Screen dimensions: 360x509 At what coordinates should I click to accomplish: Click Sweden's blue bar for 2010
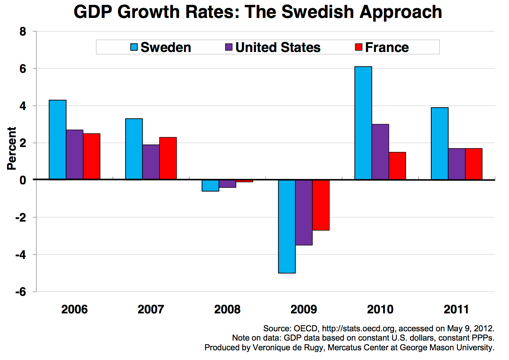pyautogui.click(x=363, y=123)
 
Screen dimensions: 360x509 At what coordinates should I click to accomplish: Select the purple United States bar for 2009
pyautogui.click(x=304, y=212)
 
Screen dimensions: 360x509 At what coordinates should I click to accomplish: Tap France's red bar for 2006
pyautogui.click(x=92, y=156)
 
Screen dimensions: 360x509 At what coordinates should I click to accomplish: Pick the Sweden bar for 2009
pyautogui.click(x=287, y=226)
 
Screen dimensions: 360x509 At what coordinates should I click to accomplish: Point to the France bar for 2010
pyautogui.click(x=397, y=166)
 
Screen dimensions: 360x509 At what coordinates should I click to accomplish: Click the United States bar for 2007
pyautogui.click(x=151, y=162)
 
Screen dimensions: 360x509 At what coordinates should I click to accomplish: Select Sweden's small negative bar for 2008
pyautogui.click(x=210, y=186)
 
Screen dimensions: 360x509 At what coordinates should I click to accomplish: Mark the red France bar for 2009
pyautogui.click(x=321, y=205)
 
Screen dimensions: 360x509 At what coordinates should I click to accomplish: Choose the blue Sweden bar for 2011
pyautogui.click(x=439, y=143)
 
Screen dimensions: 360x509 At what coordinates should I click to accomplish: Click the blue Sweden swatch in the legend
pyautogui.click(x=134, y=47)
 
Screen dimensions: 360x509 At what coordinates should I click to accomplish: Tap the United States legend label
pyautogui.click(x=278, y=47)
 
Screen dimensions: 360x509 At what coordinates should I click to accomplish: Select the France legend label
pyautogui.click(x=387, y=47)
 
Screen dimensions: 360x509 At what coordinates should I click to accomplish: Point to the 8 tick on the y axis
pyautogui.click(x=23, y=32)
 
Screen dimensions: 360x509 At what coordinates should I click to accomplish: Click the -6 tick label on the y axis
pyautogui.click(x=21, y=292)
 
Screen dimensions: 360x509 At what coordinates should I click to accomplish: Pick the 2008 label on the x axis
pyautogui.click(x=227, y=309)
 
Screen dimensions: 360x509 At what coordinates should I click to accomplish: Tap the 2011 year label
pyautogui.click(x=456, y=309)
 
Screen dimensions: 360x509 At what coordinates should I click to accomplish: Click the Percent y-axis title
pyautogui.click(x=12, y=148)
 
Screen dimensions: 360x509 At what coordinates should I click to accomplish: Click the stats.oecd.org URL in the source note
pyautogui.click(x=358, y=328)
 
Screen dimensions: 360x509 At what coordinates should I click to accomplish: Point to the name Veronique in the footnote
pyautogui.click(x=270, y=347)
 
